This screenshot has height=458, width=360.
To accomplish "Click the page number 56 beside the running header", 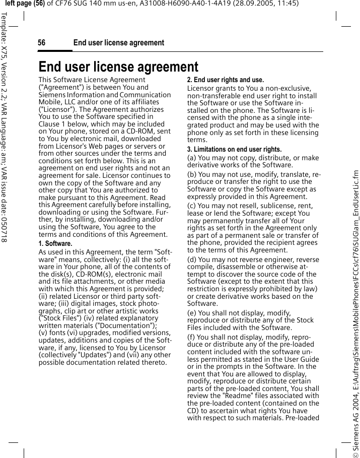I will (41, 43).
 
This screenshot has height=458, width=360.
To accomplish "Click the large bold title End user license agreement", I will (118, 67).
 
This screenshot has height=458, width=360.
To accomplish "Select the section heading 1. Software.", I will (55, 243).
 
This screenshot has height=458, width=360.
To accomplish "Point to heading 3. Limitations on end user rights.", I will (234, 150).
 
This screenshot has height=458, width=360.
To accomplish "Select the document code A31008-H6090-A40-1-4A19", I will (184, 4).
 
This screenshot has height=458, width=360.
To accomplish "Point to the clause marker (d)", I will (192, 259).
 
